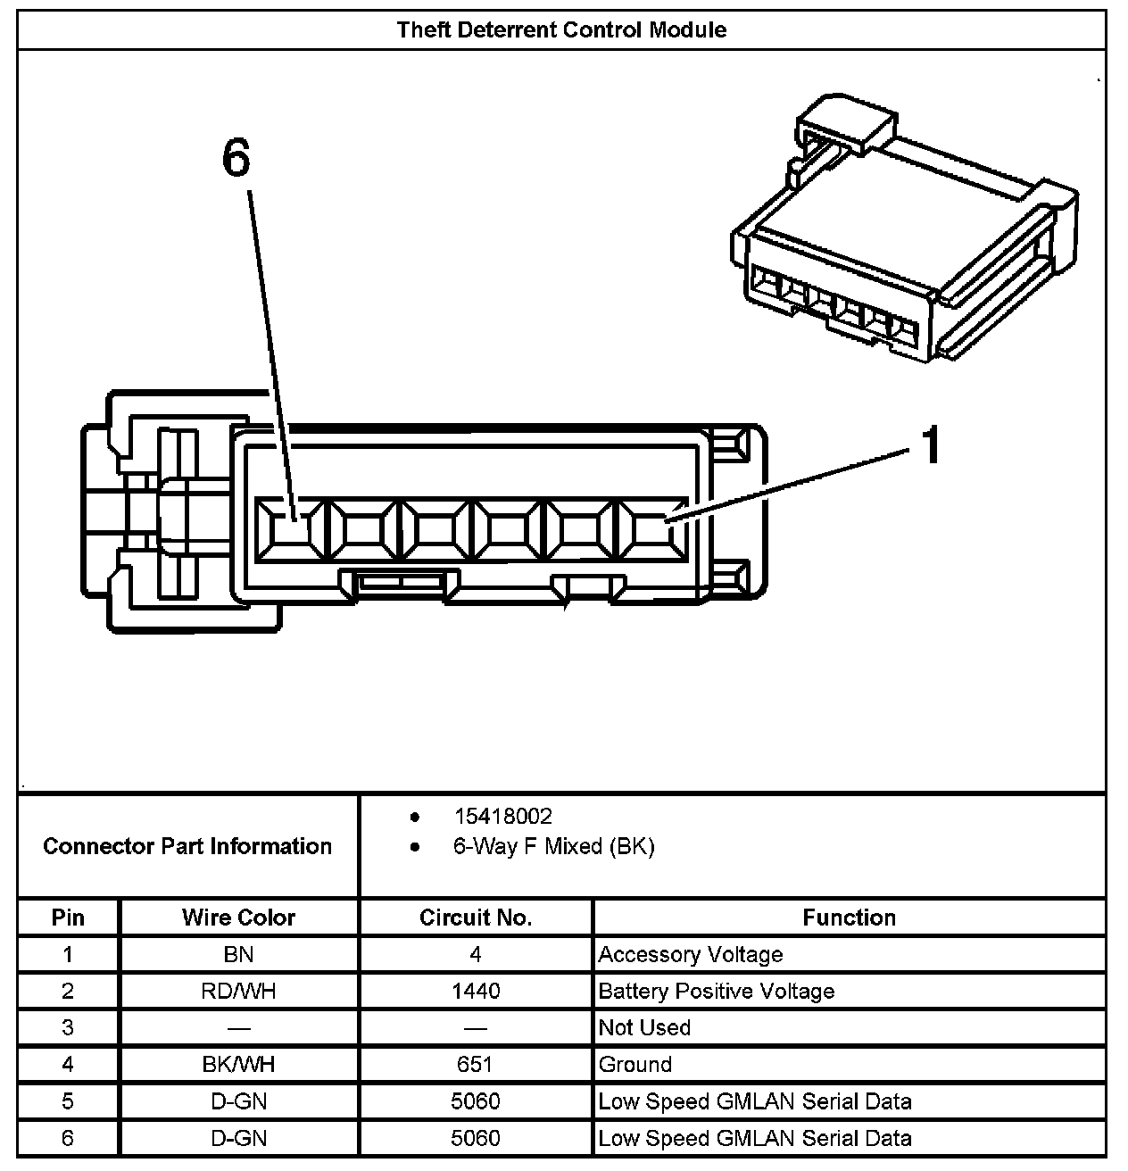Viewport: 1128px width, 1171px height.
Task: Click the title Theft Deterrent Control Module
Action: (561, 29)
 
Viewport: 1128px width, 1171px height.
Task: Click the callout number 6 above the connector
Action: (236, 159)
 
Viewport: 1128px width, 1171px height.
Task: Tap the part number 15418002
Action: (502, 816)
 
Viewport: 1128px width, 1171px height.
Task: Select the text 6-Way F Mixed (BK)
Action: (553, 846)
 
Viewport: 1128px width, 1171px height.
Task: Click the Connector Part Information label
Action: (187, 846)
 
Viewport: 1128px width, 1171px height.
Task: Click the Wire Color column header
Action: (238, 918)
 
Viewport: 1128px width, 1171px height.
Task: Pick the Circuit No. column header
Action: (475, 918)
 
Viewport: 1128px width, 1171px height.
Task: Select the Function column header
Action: (849, 918)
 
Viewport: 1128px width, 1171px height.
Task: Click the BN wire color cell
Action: (238, 954)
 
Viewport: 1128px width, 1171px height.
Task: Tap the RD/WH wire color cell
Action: (238, 991)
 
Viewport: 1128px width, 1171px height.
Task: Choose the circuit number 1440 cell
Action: (475, 991)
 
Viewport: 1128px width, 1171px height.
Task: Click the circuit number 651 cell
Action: (475, 1064)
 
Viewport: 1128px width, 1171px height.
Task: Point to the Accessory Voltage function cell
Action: (690, 954)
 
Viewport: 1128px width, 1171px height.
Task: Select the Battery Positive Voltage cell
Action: (716, 991)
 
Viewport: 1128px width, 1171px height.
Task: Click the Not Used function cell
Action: (644, 1027)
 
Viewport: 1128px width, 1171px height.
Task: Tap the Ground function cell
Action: (634, 1064)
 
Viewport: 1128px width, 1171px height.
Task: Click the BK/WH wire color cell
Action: (238, 1064)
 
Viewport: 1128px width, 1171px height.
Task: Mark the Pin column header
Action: (68, 918)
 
